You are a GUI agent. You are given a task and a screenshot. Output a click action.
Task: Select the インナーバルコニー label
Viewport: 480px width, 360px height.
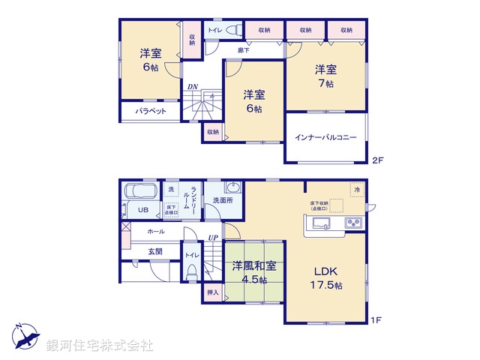click(325, 137)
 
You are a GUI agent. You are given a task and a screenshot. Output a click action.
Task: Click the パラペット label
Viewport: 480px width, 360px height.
click(150, 111)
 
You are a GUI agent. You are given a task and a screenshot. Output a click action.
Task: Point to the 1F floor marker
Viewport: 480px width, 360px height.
click(377, 320)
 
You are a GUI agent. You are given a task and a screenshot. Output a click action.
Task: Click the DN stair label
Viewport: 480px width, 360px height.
click(193, 86)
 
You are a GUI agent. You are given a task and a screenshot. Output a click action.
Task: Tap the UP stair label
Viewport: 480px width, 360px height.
click(213, 238)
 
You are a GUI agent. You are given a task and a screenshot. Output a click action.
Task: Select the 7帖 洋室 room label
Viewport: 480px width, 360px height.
click(325, 75)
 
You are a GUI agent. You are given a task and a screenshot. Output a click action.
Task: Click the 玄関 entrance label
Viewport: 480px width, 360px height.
click(155, 252)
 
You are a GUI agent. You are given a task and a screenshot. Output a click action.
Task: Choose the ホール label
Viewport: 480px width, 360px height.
click(156, 232)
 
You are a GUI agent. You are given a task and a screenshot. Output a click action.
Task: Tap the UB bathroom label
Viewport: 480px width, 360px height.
click(142, 209)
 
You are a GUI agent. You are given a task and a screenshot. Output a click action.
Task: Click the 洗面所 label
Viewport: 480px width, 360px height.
click(223, 200)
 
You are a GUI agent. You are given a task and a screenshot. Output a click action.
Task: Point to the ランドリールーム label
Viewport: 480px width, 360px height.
click(193, 200)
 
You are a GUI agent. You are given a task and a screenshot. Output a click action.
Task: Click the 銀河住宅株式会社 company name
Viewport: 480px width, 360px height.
click(99, 346)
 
